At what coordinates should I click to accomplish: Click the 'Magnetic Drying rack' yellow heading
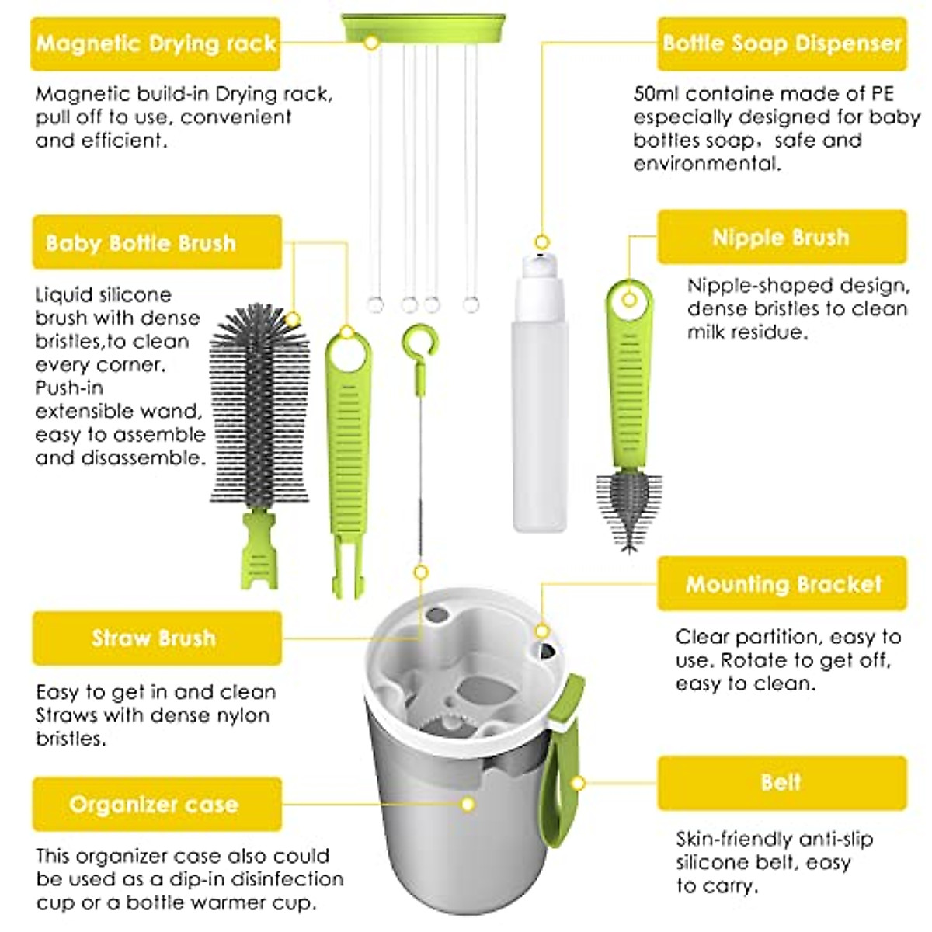[155, 43]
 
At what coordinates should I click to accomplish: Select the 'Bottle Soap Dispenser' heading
[781, 43]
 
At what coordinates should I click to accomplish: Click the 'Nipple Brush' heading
[781, 237]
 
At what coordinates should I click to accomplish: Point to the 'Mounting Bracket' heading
[781, 584]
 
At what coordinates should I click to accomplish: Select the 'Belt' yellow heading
[781, 782]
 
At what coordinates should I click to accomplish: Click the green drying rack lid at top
[423, 28]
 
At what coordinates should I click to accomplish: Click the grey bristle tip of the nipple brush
[628, 505]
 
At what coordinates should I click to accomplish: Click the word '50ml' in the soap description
[656, 94]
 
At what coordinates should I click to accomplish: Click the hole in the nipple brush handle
[630, 299]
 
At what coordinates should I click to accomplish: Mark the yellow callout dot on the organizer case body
[468, 804]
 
